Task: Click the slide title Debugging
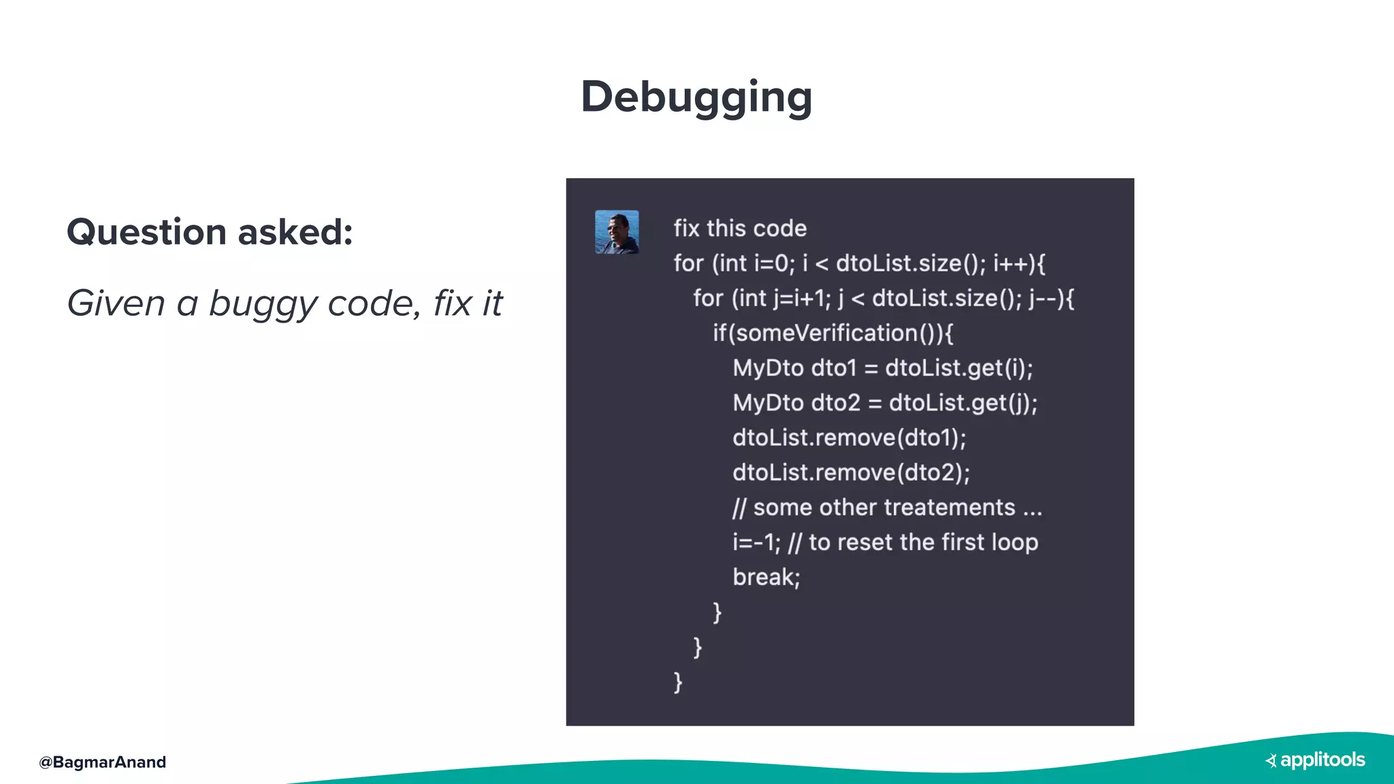pos(696,97)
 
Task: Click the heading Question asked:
pos(210,232)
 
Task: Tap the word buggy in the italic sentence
pos(262,304)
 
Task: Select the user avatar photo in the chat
pos(617,232)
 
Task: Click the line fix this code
pos(740,229)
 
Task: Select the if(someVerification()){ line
pos(833,333)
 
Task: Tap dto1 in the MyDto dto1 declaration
pos(834,368)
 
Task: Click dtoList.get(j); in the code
pos(962,403)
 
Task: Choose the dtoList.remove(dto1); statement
pos(849,438)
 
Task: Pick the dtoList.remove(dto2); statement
pos(851,473)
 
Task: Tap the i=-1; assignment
pos(756,542)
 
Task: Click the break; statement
pos(766,577)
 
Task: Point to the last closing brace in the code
pos(678,681)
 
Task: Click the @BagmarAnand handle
pos(103,762)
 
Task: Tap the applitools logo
pos(1315,760)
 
